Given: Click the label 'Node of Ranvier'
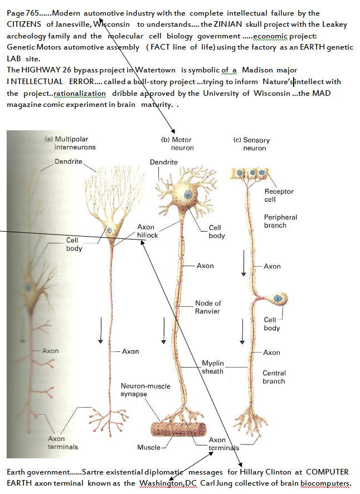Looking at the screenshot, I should [x=208, y=307].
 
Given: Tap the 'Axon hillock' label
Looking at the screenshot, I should [x=147, y=231].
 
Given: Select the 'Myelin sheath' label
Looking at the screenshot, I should [x=212, y=367].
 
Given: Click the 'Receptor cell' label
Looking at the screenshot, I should [x=279, y=195].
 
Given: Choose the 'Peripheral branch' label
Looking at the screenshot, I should [x=280, y=221].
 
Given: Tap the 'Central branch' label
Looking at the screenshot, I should [x=274, y=377].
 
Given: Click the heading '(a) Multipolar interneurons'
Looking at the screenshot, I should [x=71, y=143].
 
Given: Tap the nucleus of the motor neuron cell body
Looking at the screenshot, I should [x=188, y=194].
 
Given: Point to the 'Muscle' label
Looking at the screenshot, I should [x=148, y=447].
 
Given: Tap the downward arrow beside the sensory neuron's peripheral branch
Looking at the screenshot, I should [x=244, y=266].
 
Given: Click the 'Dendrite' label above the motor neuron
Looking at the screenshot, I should [x=164, y=162].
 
